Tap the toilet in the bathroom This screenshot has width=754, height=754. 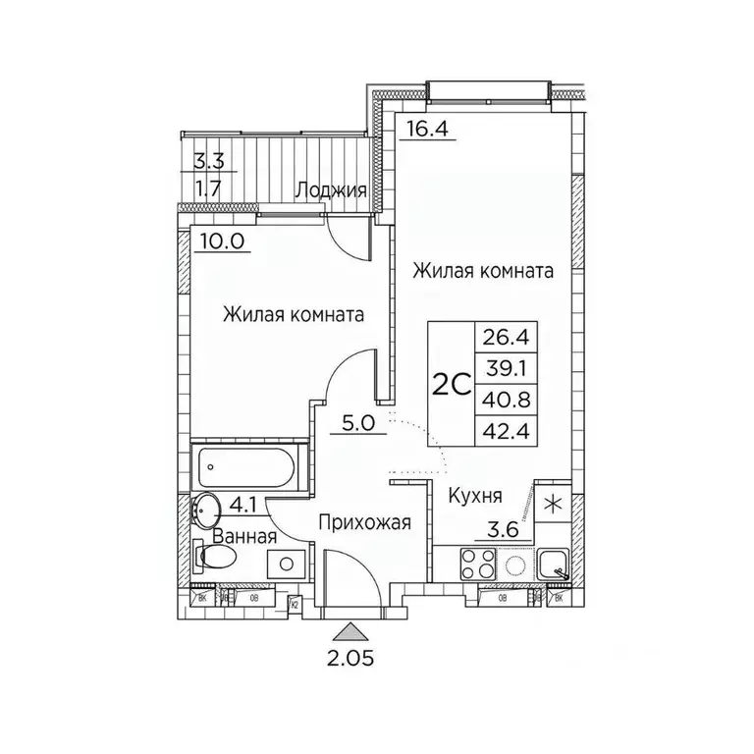pyautogui.click(x=216, y=558)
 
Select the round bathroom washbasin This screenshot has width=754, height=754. pyautogui.click(x=207, y=509)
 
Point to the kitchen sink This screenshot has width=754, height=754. pyautogui.click(x=556, y=565)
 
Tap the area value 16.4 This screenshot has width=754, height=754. pyautogui.click(x=424, y=128)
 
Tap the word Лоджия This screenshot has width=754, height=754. pyautogui.click(x=331, y=190)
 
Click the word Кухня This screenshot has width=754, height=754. pyautogui.click(x=476, y=497)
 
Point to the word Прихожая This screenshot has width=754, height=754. pyautogui.click(x=363, y=523)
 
